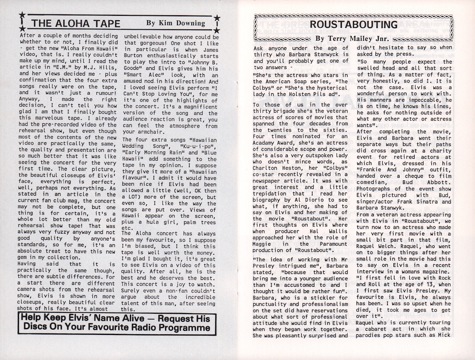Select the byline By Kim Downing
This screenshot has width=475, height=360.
click(x=176, y=23)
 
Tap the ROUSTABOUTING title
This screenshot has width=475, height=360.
click(x=354, y=24)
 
